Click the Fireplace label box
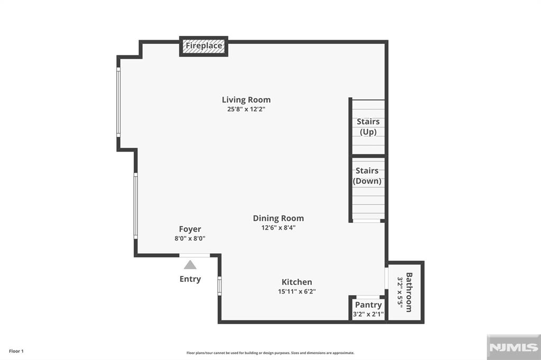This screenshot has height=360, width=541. tap(204, 46)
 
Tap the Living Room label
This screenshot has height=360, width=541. tap(246, 100)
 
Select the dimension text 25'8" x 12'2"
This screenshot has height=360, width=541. tap(246, 110)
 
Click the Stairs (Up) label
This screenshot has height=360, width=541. tap(368, 127)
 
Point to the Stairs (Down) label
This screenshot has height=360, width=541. tap(367, 176)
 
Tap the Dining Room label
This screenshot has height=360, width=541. tap(278, 218)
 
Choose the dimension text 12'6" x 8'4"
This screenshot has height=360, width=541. tap(278, 228)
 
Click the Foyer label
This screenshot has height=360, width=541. tap(190, 229)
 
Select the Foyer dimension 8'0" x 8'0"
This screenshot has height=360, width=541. tap(190, 239)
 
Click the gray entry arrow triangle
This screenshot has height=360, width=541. tap(190, 265)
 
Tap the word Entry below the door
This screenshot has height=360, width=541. tap(190, 279)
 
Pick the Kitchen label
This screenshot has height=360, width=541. tap(296, 282)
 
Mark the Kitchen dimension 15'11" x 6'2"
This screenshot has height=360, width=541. tap(296, 291)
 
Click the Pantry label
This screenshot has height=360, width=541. tap(368, 305)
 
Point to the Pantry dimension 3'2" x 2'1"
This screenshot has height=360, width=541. tap(368, 315)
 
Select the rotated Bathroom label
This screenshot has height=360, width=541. tap(409, 292)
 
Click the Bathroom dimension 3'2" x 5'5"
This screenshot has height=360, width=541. tap(400, 292)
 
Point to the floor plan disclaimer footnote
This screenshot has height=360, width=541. tap(270, 353)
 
